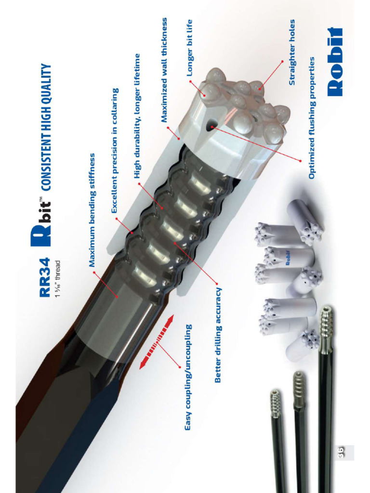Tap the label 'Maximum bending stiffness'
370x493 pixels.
[92, 210]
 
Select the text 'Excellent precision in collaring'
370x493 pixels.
[115, 151]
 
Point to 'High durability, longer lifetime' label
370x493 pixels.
[137, 116]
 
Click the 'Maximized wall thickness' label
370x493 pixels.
[164, 70]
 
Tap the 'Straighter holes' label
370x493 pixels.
[291, 52]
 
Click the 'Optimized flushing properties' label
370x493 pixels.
[312, 118]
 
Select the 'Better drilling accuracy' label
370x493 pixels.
[217, 335]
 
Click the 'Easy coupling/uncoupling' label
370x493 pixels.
[188, 377]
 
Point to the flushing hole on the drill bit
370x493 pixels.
[211, 127]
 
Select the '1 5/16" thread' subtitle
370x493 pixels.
[57, 279]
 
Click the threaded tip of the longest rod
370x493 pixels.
[326, 323]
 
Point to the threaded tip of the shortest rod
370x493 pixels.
[275, 403]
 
